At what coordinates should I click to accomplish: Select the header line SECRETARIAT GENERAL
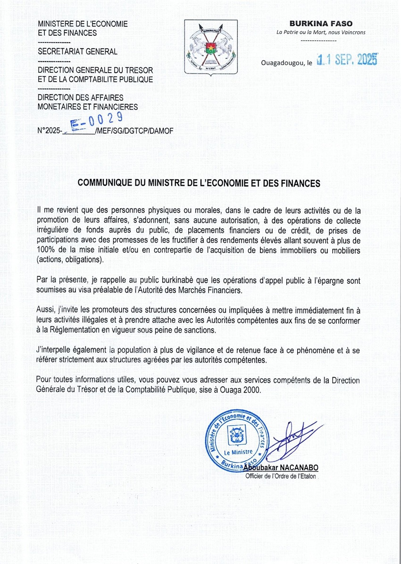point(77,51)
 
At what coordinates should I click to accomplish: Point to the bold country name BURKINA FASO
point(321,24)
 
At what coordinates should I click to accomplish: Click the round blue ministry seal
point(235,439)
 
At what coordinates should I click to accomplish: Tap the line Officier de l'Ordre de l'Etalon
point(281,476)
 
